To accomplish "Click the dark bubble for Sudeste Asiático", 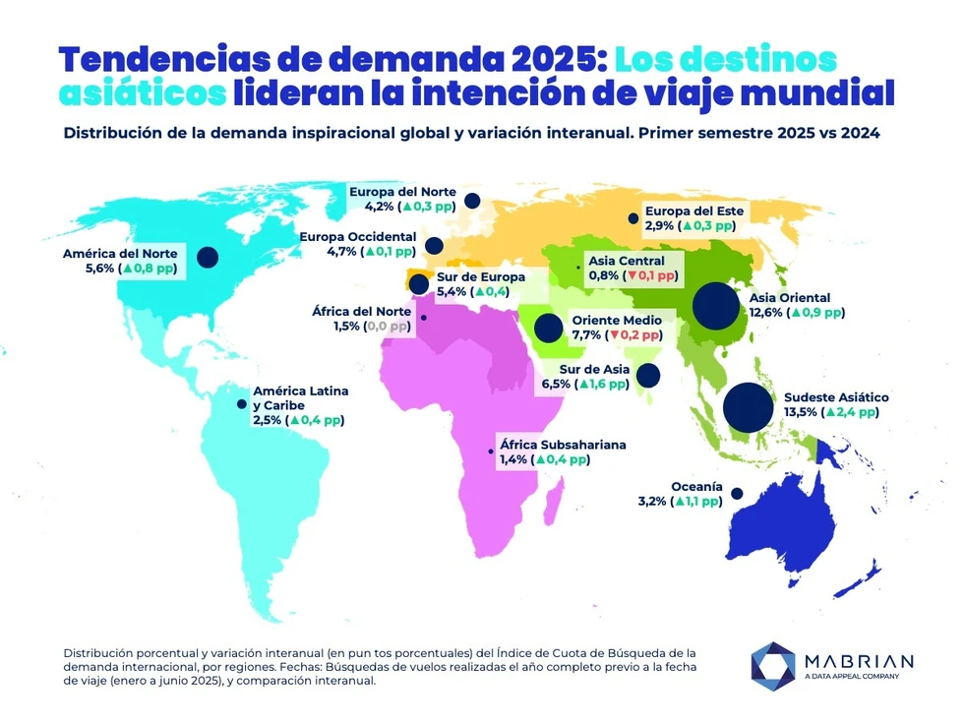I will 748,407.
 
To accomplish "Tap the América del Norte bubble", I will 207,257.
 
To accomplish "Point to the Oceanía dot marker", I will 737,494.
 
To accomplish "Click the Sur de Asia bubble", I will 648,375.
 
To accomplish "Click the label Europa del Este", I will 693,211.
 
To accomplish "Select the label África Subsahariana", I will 563,445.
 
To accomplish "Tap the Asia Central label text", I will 627,261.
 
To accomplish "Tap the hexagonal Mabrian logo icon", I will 772,664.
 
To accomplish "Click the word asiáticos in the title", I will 141,93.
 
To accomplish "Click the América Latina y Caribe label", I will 300,398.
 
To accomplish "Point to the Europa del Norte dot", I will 472,201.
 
